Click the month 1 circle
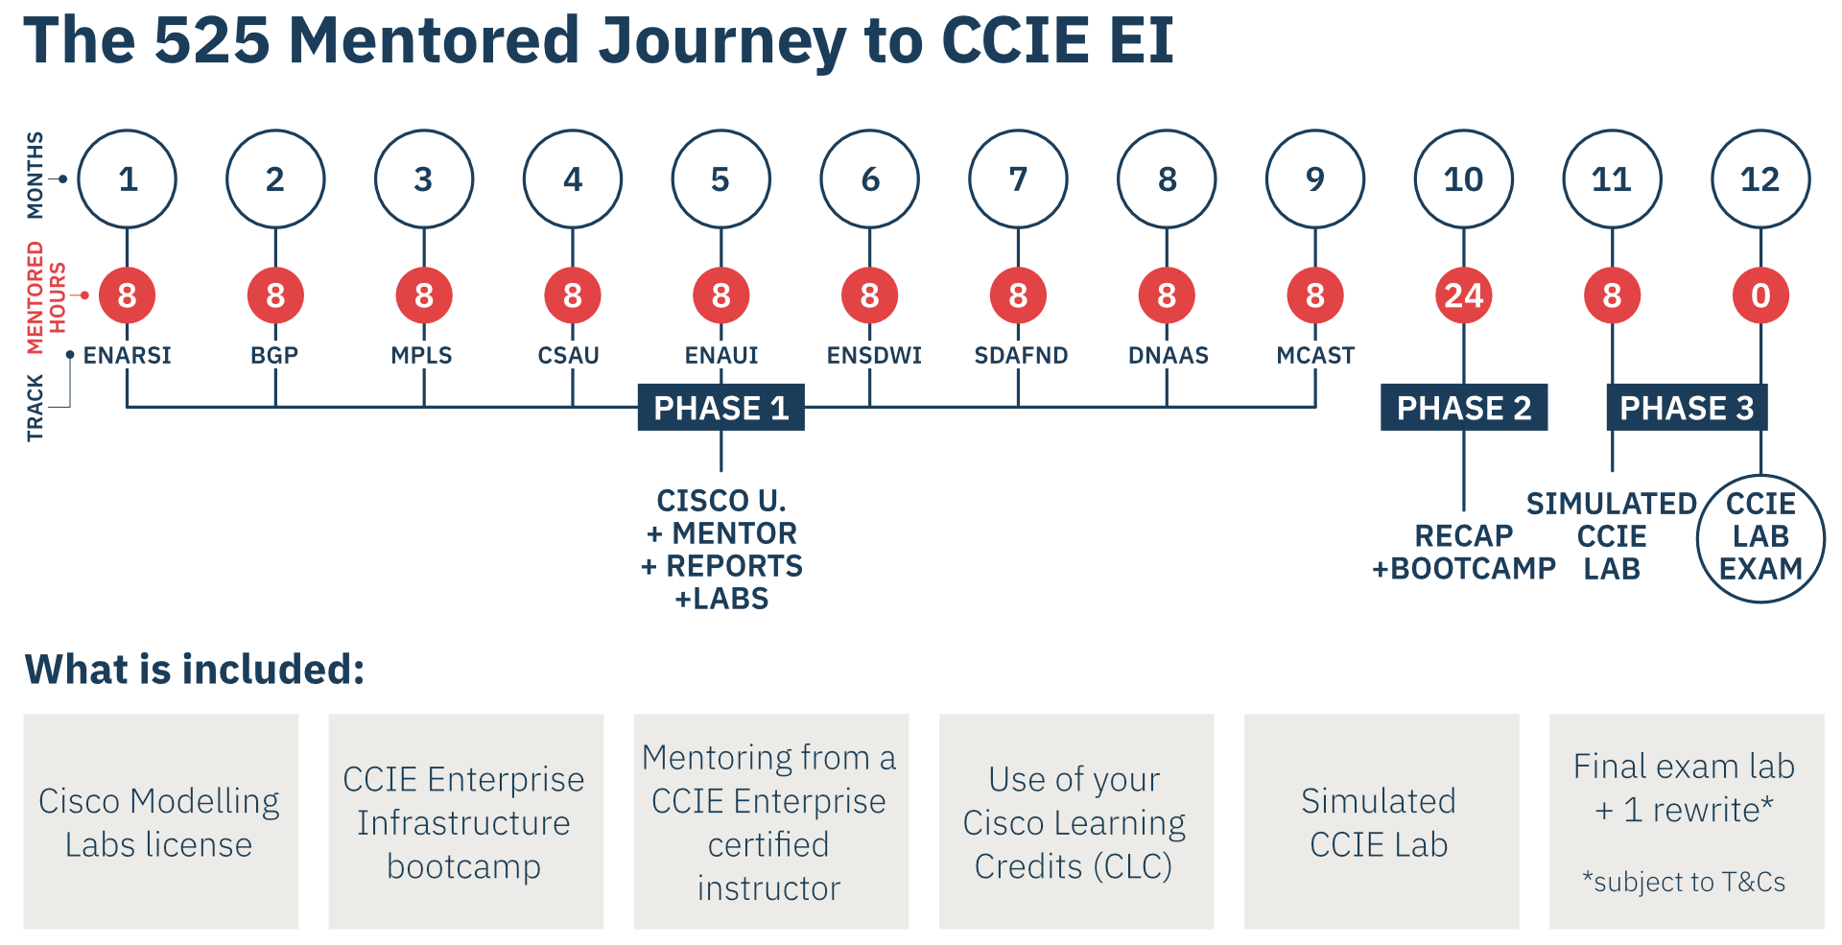[127, 178]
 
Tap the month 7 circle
[1018, 178]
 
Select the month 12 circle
[1760, 178]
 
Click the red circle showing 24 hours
[1464, 295]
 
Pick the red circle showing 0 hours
[1760, 295]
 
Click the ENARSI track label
[127, 355]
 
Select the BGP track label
[274, 355]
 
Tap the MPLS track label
[421, 355]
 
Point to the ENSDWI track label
[873, 355]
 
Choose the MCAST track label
[1315, 355]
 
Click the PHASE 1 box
[720, 408]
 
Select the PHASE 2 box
[1464, 408]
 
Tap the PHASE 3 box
[1687, 408]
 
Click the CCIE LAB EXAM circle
[1760, 537]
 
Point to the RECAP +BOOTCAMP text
[1464, 553]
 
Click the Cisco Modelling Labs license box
[160, 821]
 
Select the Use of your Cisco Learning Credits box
[1075, 821]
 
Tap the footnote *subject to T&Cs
[1685, 882]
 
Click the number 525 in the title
[212, 41]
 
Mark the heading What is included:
[195, 670]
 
